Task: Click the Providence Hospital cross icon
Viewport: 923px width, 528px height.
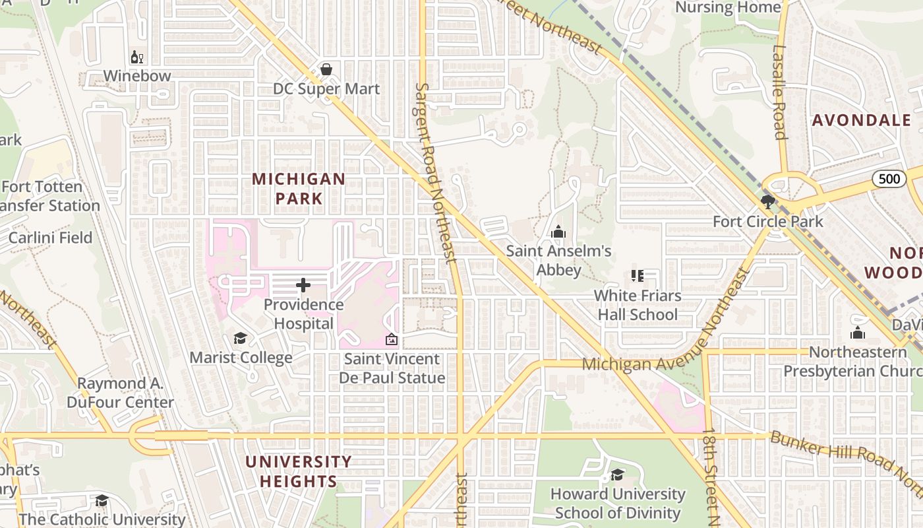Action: tap(303, 285)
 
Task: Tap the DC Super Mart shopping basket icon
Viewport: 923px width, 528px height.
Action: tap(326, 69)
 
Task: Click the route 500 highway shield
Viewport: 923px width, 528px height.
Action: tap(889, 179)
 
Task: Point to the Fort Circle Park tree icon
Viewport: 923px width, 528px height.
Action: tap(767, 201)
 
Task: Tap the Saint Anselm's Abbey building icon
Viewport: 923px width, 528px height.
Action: tap(558, 232)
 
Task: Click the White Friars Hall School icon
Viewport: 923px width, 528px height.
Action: tap(637, 276)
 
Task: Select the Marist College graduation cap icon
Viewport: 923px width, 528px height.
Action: tap(241, 339)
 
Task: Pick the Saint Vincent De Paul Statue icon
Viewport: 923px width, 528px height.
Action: tap(392, 340)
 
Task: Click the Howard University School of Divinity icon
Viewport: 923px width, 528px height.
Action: tap(618, 475)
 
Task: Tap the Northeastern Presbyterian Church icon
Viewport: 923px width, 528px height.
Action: tap(858, 333)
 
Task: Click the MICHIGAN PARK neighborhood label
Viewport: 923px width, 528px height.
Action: tap(299, 188)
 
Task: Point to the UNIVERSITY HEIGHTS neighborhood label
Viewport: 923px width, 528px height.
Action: tap(299, 471)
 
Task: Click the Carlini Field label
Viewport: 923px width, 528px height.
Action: tap(50, 238)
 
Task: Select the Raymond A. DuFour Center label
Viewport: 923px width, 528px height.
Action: tap(120, 393)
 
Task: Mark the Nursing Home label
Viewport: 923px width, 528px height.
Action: tap(729, 7)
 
